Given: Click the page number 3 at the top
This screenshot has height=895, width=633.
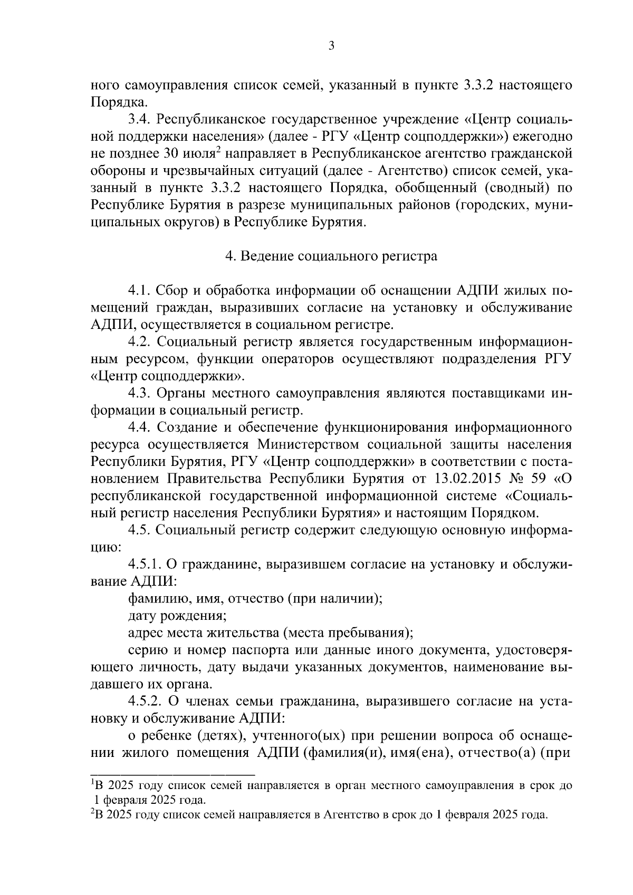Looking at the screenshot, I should click(331, 46).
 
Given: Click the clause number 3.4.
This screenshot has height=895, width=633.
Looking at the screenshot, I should click(140, 120).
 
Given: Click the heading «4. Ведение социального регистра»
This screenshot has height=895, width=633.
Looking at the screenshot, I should click(331, 256).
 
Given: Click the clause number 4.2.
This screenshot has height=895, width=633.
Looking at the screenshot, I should click(140, 342).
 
